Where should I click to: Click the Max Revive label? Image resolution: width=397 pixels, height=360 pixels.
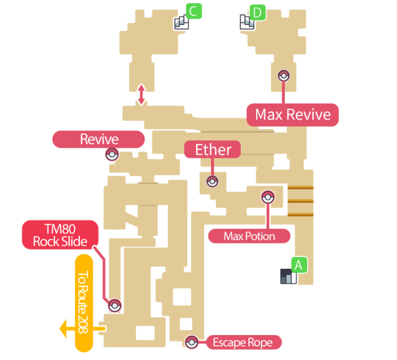[293, 115]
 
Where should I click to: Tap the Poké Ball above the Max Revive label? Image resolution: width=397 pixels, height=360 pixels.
[284, 76]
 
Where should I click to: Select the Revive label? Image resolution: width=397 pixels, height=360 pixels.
[99, 139]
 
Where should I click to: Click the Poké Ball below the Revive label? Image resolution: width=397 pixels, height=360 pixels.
[112, 155]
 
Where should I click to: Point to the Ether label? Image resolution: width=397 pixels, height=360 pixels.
[213, 150]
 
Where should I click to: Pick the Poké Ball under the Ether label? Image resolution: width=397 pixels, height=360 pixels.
[212, 181]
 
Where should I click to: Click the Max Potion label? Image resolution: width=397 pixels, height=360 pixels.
[249, 236]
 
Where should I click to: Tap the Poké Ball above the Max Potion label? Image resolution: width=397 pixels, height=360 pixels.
[267, 197]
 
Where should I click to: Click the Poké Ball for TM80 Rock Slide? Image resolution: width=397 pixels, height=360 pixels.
[115, 305]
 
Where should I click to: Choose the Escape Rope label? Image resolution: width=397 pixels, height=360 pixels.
[243, 342]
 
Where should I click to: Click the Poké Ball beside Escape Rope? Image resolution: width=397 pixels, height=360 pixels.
[192, 342]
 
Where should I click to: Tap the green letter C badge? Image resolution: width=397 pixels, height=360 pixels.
[194, 11]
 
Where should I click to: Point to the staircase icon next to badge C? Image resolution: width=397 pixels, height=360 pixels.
[181, 23]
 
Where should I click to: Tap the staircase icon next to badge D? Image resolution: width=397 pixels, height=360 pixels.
[246, 22]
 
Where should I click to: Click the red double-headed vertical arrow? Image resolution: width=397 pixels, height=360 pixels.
[141, 94]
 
